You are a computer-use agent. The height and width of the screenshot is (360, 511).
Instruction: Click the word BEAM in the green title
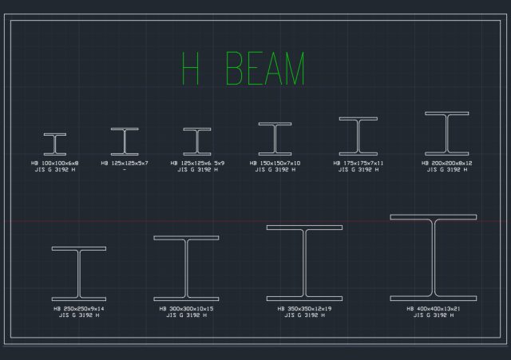266,69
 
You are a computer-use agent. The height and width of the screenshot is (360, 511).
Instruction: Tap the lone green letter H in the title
190,69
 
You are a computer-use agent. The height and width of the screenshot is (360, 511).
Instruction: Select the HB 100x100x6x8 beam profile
55,144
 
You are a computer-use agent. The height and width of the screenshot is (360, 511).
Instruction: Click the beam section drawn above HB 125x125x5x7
125,141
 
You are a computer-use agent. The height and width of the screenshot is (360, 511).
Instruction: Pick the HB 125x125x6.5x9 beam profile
197,141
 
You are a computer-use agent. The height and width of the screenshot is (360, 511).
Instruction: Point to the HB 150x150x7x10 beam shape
275,138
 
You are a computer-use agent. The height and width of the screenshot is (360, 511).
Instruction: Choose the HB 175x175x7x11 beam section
358,136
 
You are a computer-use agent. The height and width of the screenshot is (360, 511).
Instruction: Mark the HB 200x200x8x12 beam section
446,133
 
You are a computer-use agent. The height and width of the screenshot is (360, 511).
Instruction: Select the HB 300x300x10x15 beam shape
186,268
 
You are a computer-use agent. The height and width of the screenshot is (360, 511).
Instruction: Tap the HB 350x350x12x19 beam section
304,263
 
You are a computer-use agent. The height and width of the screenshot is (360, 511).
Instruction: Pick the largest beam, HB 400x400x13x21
433,257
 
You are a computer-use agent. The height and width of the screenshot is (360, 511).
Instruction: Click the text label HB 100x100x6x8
55,163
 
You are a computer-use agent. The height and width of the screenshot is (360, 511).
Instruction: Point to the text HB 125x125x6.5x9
197,163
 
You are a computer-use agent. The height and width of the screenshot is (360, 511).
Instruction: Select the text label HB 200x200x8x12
446,163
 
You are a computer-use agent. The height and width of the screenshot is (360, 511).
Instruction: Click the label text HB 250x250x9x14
78,308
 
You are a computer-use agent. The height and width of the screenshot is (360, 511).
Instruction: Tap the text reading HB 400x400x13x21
433,308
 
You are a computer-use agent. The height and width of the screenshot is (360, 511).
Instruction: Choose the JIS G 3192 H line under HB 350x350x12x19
304,315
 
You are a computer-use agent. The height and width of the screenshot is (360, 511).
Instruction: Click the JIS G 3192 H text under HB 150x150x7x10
275,169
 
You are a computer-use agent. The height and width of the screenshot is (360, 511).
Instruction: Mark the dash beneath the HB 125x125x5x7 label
125,169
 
